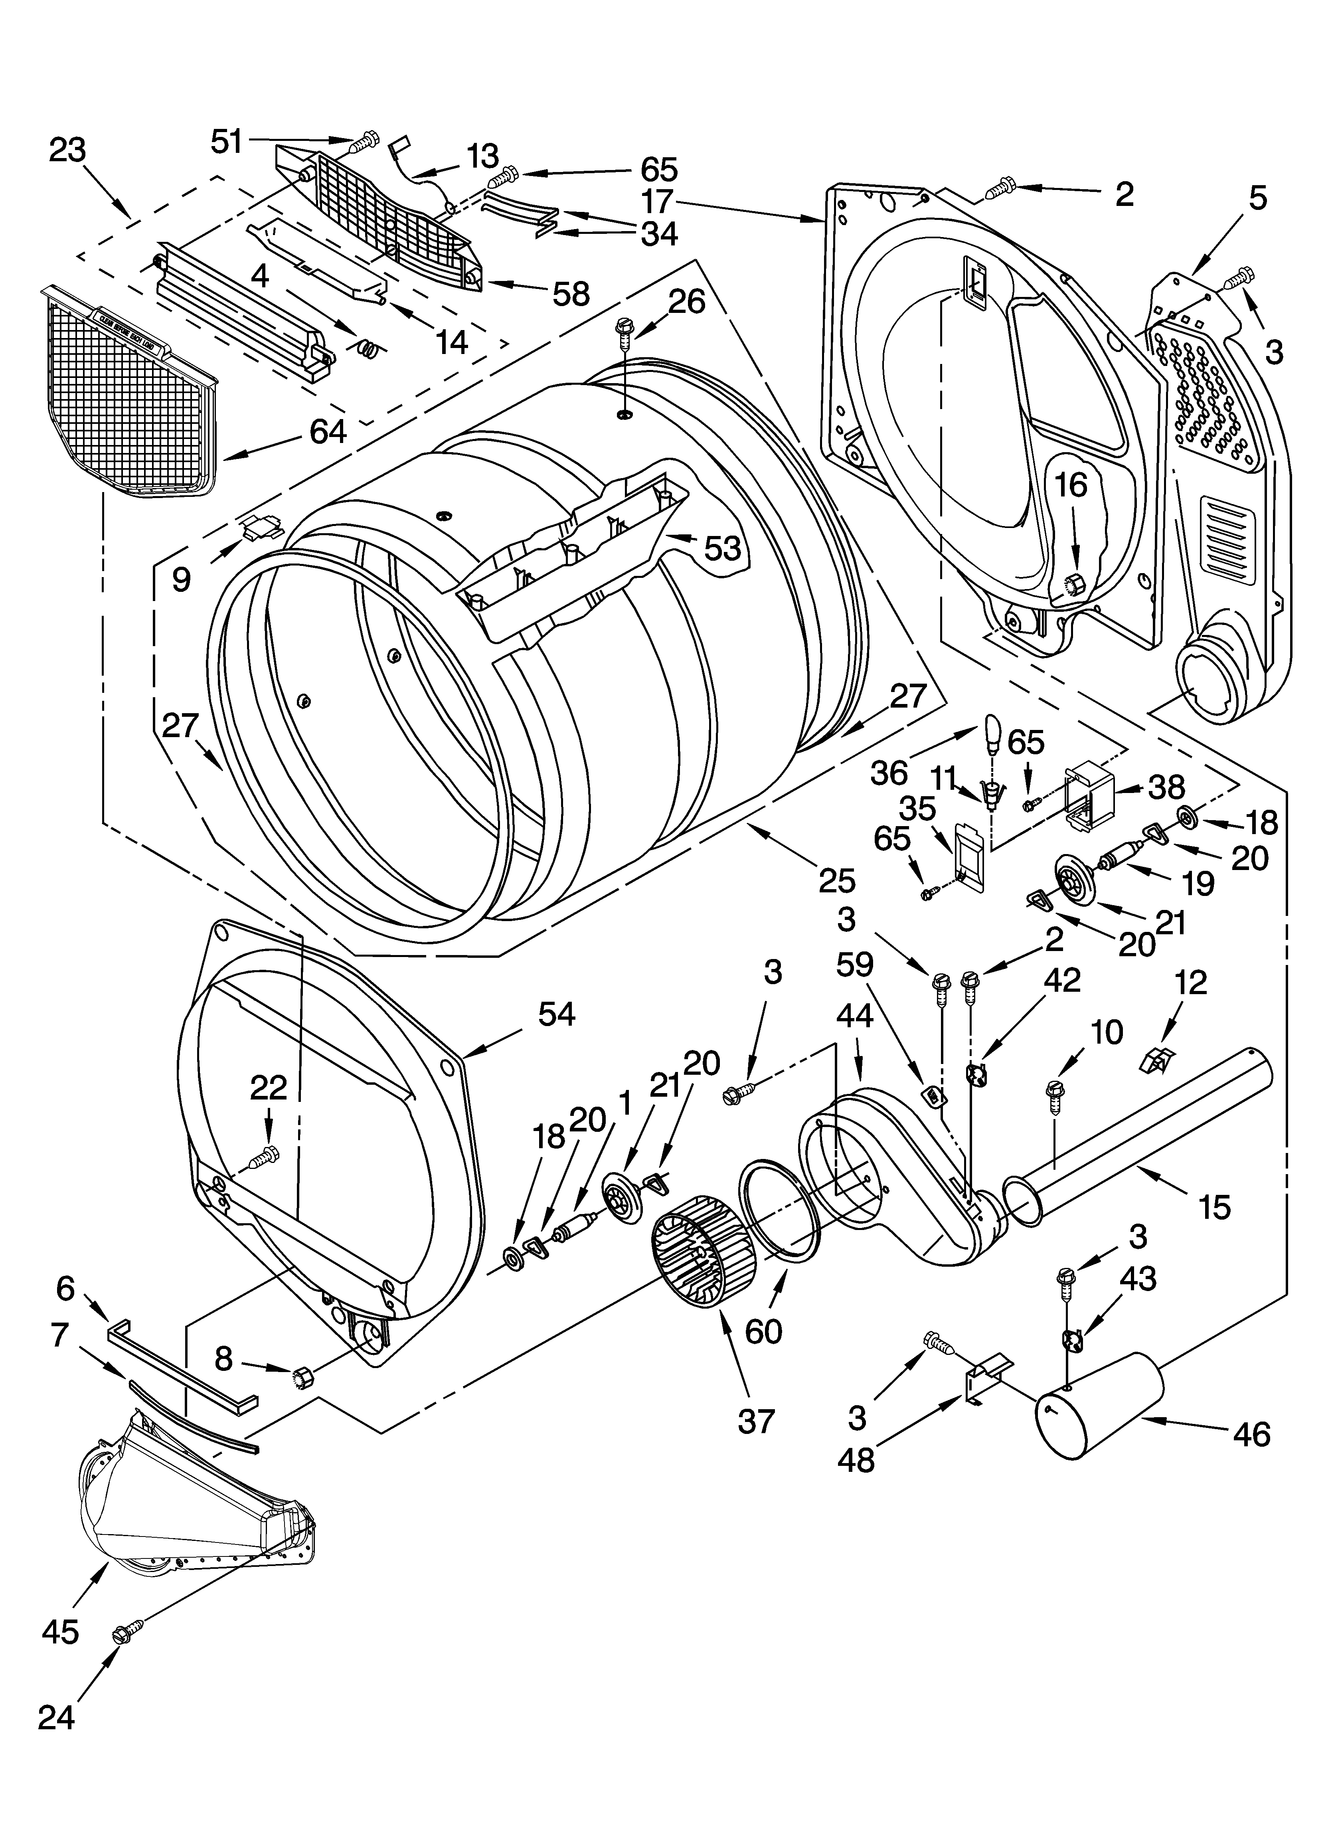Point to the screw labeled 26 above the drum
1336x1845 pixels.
click(624, 330)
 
